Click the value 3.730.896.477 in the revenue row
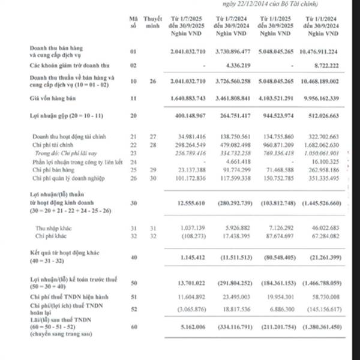pos(233,52)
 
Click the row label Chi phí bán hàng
pos(53,170)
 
